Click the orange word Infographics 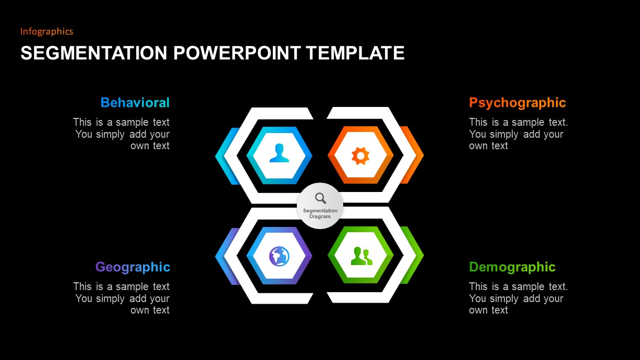point(46,31)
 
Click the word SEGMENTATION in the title point(94,53)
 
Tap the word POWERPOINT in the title point(237,53)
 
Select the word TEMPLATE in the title point(355,53)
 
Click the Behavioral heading point(135,103)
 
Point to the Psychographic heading point(517,103)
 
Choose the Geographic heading point(133,268)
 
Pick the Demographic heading point(512,268)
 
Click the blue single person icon point(279,153)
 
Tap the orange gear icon point(360,155)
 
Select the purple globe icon point(279,256)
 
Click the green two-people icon point(361,256)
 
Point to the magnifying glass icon point(321,198)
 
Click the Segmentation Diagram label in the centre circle point(320,213)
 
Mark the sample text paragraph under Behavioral point(122,134)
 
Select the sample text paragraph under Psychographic point(518,134)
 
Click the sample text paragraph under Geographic point(122,298)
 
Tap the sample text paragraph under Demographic point(518,298)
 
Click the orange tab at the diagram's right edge point(413,155)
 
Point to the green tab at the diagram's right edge point(413,255)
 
